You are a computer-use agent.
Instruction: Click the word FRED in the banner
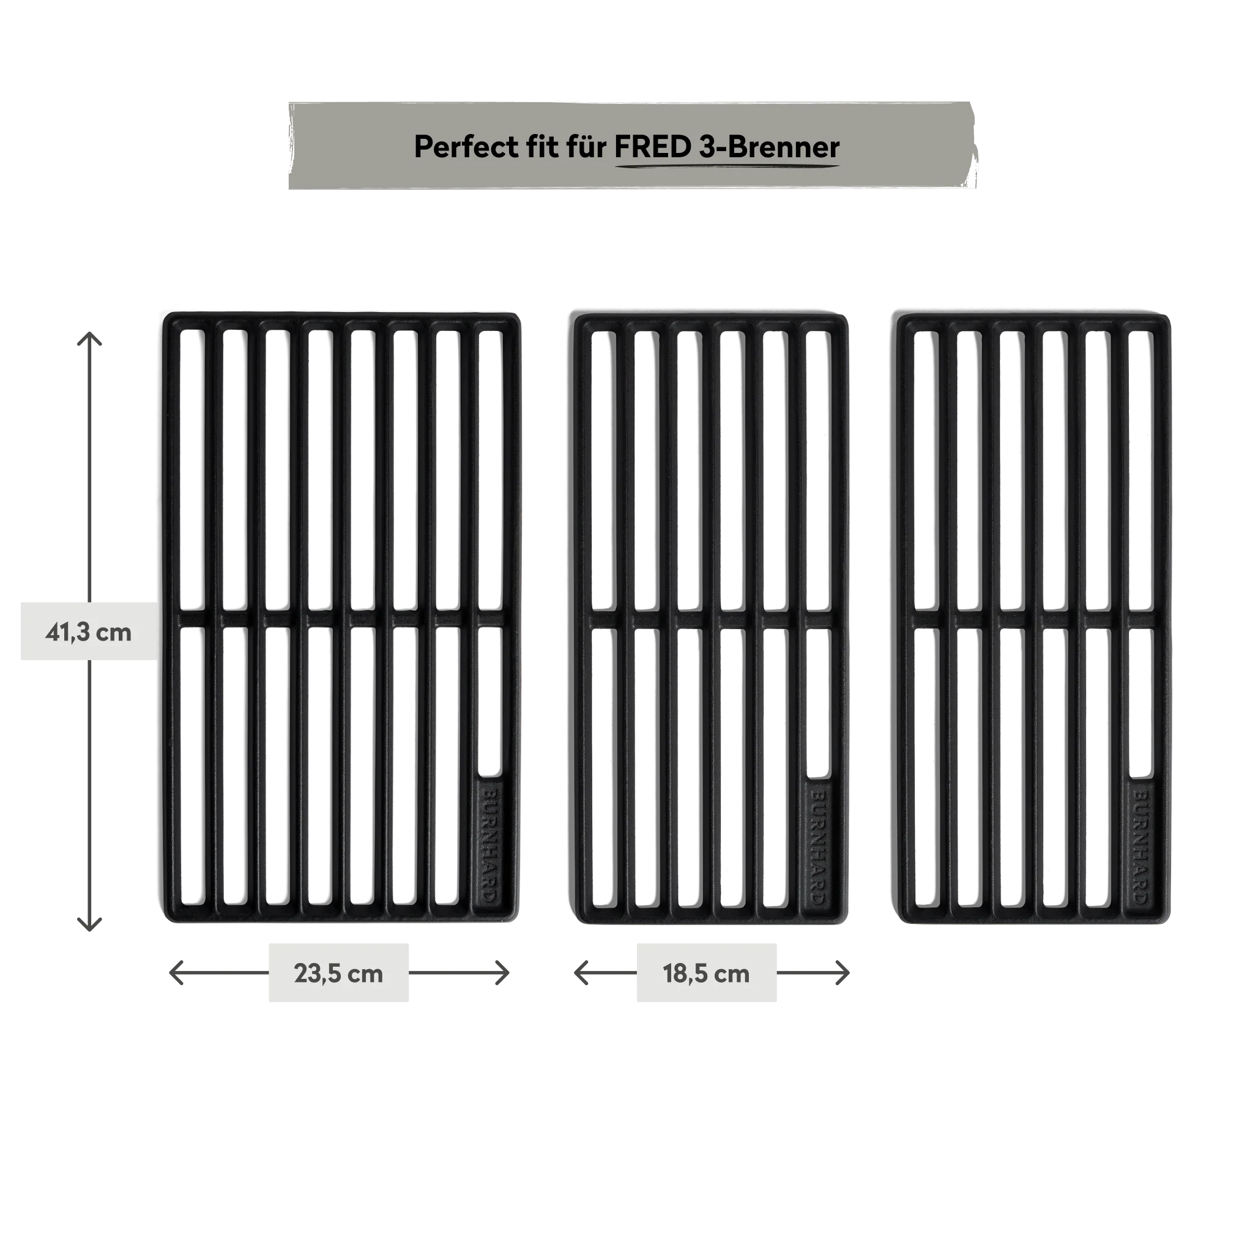coord(653,147)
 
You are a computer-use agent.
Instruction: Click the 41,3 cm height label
coord(88,633)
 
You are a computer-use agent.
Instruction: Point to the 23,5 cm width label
coord(338,973)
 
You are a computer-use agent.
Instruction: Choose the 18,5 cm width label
coord(706,973)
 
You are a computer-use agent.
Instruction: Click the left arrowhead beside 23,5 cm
coord(175,973)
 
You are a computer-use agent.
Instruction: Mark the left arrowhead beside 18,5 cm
coord(581,973)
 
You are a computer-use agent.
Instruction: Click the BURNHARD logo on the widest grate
coord(490,846)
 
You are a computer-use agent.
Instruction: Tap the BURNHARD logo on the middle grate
coord(819,846)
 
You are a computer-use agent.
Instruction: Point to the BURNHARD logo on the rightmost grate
coord(1141,846)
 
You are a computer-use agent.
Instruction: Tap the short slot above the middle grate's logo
coord(819,702)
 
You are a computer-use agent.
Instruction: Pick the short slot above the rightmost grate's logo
coord(1141,702)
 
